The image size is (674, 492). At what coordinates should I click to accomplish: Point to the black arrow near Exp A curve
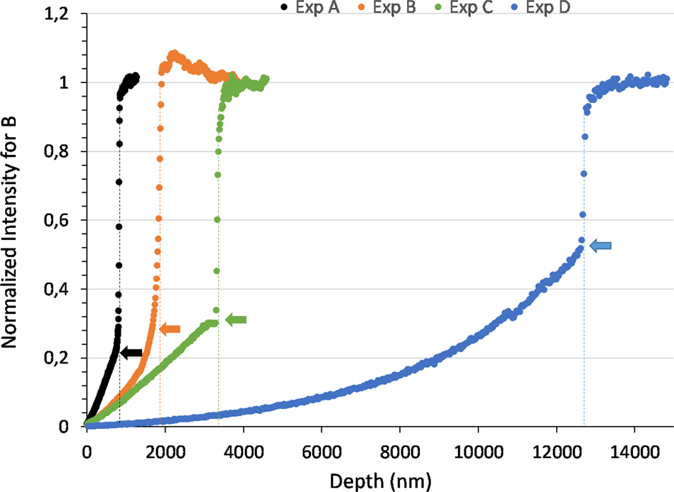click(132, 352)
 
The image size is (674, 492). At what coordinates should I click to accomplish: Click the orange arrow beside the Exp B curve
click(170, 329)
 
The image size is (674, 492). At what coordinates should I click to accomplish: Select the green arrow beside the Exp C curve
click(236, 320)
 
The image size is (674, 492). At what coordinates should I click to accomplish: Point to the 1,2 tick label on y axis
click(62, 13)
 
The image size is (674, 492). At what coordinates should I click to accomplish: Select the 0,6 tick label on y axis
click(62, 220)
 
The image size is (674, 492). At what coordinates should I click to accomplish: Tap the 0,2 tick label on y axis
click(62, 358)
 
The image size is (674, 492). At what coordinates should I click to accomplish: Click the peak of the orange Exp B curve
click(173, 54)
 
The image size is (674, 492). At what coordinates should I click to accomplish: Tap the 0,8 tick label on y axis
click(62, 151)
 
